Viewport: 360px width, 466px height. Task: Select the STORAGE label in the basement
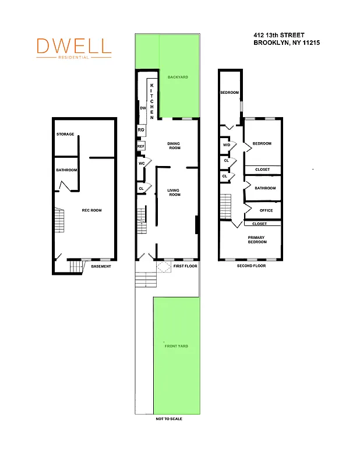click(65, 135)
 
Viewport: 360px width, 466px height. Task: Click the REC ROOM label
click(92, 210)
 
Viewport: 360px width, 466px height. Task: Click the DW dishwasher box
click(143, 108)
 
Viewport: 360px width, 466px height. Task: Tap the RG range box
click(141, 130)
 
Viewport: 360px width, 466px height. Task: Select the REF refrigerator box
click(141, 146)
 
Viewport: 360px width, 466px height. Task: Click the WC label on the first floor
click(142, 164)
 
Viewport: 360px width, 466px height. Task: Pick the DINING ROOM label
click(174, 146)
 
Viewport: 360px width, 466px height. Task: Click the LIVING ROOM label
click(174, 192)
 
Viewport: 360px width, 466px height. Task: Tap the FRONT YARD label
click(176, 346)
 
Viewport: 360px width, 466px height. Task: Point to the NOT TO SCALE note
click(169, 419)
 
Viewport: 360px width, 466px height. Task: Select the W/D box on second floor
click(227, 145)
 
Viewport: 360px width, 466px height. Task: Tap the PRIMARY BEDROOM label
click(257, 239)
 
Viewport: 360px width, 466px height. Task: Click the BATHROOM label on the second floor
click(265, 188)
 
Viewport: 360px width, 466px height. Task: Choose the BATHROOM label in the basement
click(66, 171)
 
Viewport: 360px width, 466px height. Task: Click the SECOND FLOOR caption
click(251, 266)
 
